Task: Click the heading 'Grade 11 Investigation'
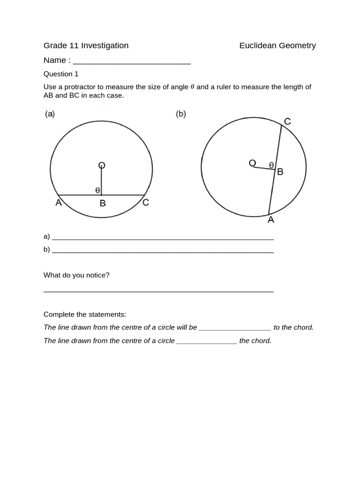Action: (86, 45)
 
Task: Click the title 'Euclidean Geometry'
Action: (277, 45)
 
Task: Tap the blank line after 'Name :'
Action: (132, 61)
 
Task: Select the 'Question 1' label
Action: (61, 74)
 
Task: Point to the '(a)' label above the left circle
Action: (50, 114)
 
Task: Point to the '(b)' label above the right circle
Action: (181, 114)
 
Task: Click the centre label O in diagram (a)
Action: (101, 165)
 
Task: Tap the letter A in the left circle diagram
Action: (59, 202)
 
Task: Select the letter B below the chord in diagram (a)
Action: (102, 203)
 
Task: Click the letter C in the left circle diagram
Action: (146, 202)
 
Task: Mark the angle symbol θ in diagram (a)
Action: (97, 190)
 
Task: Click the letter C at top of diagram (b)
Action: (287, 122)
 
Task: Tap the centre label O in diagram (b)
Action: (252, 163)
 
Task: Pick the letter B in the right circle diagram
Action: (280, 172)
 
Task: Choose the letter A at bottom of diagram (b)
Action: (270, 219)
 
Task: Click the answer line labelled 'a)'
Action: (163, 237)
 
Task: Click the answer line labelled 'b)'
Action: (163, 250)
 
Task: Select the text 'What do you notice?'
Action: (76, 275)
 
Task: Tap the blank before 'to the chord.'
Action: (235, 328)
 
